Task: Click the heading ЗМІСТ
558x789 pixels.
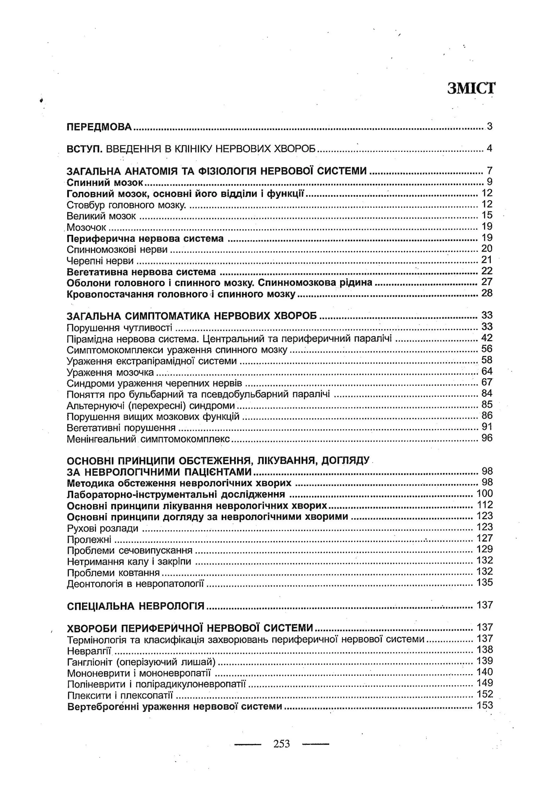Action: coord(471,88)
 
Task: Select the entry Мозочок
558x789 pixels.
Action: coord(86,227)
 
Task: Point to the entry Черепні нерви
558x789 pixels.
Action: coord(100,261)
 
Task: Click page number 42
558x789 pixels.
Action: coord(487,338)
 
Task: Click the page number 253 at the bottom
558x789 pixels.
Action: coord(282,744)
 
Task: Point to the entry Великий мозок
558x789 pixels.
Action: coord(101,216)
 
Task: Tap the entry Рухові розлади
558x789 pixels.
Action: coord(102,528)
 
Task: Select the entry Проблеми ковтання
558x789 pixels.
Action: coord(113,573)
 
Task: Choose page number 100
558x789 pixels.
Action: coord(484,494)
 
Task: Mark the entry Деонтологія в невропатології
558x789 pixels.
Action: coord(135,584)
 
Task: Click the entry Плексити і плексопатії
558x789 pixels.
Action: coord(120,695)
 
